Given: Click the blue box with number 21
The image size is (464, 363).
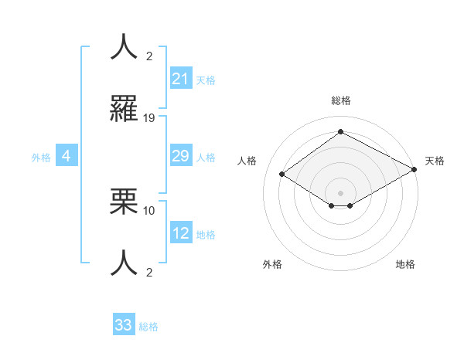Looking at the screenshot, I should click(x=180, y=79).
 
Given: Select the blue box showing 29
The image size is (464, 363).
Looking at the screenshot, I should click(x=180, y=156).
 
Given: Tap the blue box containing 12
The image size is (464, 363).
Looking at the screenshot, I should click(x=181, y=233).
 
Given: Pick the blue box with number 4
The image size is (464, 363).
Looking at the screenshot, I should click(x=67, y=156).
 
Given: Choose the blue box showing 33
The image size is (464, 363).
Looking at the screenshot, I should click(x=124, y=325).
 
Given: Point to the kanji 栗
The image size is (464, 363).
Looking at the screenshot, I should click(x=124, y=202).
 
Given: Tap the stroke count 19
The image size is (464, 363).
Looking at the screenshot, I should click(x=150, y=118).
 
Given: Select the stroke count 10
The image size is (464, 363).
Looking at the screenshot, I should click(x=150, y=210).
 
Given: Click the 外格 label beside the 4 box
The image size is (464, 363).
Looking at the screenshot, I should click(x=41, y=158).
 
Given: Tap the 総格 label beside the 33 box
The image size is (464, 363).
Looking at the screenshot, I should click(x=148, y=327).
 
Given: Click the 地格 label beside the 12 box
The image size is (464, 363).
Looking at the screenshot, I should click(x=206, y=235).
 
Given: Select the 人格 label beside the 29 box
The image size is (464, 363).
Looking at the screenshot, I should click(x=206, y=158).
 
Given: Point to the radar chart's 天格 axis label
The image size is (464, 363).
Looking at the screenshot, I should click(x=435, y=161).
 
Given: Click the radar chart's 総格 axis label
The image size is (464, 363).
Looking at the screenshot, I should click(x=341, y=100).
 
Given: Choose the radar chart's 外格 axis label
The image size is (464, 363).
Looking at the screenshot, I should click(x=272, y=264).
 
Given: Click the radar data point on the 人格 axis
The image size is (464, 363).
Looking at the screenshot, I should click(x=282, y=175).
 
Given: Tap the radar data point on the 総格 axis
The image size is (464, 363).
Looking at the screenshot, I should click(x=340, y=132).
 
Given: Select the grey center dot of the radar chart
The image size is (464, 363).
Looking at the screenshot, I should click(x=341, y=192).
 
